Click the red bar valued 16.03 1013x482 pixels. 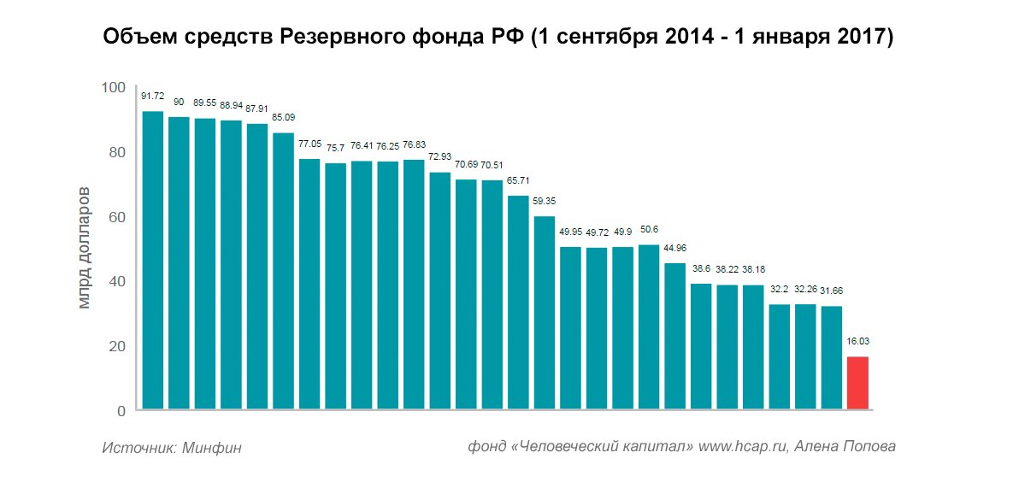click(x=857, y=383)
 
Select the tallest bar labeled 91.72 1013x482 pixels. click(x=152, y=261)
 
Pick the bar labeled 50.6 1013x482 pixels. click(x=649, y=327)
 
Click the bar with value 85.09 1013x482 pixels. click(x=283, y=271)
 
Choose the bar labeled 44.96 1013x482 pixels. click(x=674, y=336)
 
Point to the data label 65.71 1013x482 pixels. click(x=518, y=181)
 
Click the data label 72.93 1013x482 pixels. click(x=439, y=157)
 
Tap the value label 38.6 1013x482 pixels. click(x=701, y=268)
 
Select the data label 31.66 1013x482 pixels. click(x=832, y=291)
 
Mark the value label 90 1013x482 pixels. click(x=179, y=103)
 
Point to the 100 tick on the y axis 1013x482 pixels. click(x=113, y=88)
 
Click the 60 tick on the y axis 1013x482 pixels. click(x=116, y=217)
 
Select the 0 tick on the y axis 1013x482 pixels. click(x=121, y=411)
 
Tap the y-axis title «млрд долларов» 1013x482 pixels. click(x=84, y=249)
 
